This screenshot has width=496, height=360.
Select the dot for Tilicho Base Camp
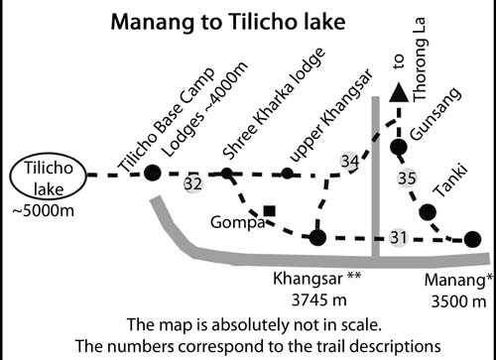(152, 174)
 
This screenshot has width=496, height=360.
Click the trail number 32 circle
(192, 182)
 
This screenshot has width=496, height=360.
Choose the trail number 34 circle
(348, 161)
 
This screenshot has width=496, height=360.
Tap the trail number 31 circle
(398, 236)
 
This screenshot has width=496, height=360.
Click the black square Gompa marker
(269, 210)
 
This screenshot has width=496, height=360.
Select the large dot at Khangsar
(316, 237)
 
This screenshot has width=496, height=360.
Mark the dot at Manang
(472, 238)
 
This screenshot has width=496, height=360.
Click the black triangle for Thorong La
(398, 93)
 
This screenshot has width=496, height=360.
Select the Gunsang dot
(398, 148)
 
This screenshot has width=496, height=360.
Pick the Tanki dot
(428, 211)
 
